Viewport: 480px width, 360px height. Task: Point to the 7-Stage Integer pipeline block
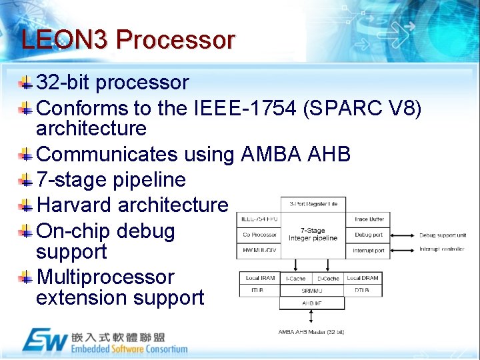(x=313, y=235)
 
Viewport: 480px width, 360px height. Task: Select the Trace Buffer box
(x=369, y=219)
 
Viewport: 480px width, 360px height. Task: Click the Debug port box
(x=369, y=235)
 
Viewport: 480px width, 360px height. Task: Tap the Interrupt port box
(x=369, y=251)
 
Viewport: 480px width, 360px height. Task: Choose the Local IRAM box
(x=259, y=278)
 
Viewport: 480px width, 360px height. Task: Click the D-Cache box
(x=327, y=278)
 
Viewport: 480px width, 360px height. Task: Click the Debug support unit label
(x=443, y=235)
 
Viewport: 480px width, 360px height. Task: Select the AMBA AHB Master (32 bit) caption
(x=311, y=331)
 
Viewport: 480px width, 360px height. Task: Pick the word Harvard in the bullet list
(x=75, y=205)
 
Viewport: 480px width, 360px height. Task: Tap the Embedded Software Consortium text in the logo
(x=129, y=349)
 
